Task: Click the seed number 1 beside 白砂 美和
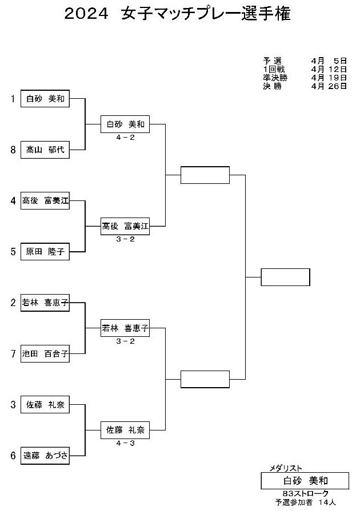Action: [x=13, y=98]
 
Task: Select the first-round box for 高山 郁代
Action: [x=45, y=150]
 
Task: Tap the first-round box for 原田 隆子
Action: [x=45, y=252]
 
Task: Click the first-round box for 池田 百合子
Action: [x=45, y=353]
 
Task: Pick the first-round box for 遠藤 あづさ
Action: [x=45, y=456]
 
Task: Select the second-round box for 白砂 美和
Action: [x=125, y=124]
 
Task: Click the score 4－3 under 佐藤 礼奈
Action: [x=125, y=443]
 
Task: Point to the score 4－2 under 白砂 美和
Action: [x=125, y=138]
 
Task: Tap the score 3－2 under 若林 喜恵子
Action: [x=125, y=341]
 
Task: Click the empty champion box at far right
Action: [x=285, y=277]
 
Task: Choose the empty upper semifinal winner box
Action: [x=205, y=175]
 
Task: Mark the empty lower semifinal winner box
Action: [x=205, y=379]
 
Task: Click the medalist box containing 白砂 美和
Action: [x=305, y=481]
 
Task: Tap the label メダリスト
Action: [x=286, y=468]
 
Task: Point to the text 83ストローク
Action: [x=306, y=494]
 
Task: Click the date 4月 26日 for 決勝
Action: [x=329, y=86]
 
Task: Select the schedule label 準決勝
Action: [x=275, y=78]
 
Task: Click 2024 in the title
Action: [x=86, y=14]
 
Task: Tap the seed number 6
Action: [x=13, y=456]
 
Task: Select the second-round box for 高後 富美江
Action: [x=125, y=226]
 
